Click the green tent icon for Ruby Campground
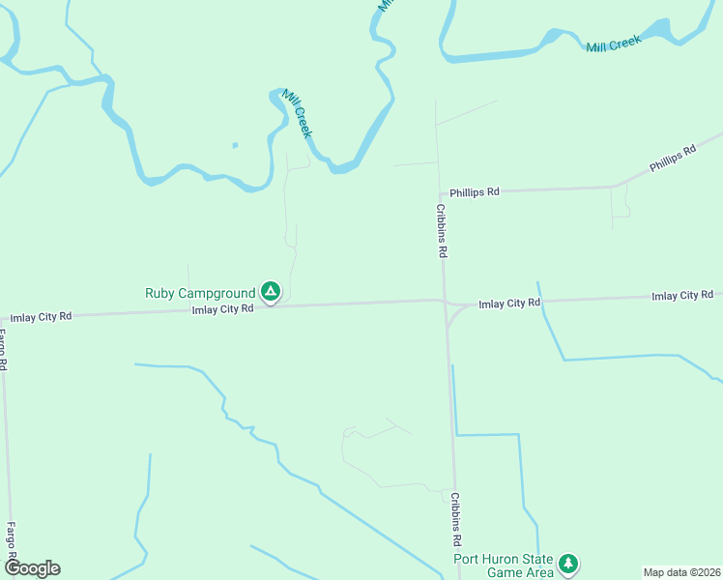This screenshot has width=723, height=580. click(271, 291)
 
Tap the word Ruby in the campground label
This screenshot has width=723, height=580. click(160, 293)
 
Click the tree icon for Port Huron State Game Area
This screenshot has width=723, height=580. click(568, 563)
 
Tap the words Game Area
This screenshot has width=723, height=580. click(521, 573)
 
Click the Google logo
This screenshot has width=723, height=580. click(32, 568)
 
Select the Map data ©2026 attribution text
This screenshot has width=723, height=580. click(681, 572)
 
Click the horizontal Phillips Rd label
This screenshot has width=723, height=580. click(476, 191)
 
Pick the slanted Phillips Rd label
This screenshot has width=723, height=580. click(673, 159)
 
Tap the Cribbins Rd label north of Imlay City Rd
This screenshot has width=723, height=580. click(441, 230)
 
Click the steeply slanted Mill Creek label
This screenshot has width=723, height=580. click(298, 113)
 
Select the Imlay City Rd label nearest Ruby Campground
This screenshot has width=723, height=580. click(222, 309)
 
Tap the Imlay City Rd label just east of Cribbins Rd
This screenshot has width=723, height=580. click(509, 304)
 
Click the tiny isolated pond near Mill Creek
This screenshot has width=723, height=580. click(234, 146)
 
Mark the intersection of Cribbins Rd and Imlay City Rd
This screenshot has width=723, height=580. click(445, 302)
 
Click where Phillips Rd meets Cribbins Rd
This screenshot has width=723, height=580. click(438, 192)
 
